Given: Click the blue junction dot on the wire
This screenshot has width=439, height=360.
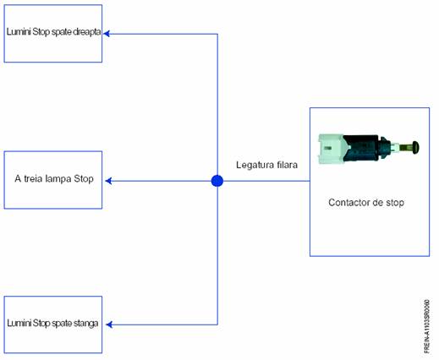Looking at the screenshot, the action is coord(217,181).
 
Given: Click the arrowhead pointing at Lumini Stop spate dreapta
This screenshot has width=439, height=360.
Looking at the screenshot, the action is coord(107,34).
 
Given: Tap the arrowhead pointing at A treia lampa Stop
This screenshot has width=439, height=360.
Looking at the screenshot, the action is coord(108,181).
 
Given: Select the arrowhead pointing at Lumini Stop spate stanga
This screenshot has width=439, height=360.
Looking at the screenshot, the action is coord(109,325).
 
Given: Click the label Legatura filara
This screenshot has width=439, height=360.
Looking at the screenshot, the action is coord(266,165).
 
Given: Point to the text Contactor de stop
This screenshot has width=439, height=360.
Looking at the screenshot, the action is coord(366,203).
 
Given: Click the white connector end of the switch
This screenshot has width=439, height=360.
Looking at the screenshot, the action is coord(331,149).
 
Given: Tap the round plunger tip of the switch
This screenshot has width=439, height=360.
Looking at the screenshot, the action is coord(415,147).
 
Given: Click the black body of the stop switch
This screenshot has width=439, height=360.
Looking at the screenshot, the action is coord(362,148).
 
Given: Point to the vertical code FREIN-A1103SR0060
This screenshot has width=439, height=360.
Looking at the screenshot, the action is coord(427,326).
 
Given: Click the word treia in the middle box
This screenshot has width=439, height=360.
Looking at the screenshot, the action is coord(33,178).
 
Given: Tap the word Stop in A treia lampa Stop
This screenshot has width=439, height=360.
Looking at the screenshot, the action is coord(84,179).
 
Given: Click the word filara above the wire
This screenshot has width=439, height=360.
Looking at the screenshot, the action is coord(287,165).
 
